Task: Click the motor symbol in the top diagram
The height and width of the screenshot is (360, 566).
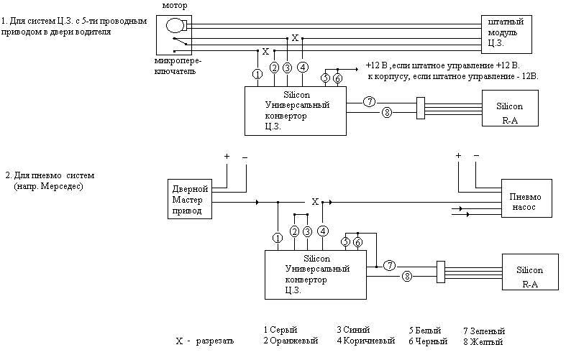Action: (175, 26)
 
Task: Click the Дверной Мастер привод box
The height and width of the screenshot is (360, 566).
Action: (189, 199)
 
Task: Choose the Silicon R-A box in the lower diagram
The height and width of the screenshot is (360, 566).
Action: (529, 276)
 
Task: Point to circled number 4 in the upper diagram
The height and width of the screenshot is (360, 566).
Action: (302, 68)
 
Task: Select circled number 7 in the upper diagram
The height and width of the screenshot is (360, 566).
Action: (369, 101)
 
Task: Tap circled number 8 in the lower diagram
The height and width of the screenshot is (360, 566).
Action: (406, 276)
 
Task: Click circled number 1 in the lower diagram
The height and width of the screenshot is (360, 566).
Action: (277, 238)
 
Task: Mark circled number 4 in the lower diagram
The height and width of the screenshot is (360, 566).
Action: (323, 231)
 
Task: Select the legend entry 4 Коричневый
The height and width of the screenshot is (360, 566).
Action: (365, 341)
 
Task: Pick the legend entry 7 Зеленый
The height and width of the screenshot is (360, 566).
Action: (483, 331)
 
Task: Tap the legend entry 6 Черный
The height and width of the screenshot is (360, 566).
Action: (428, 341)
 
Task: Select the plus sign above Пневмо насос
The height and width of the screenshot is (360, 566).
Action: (457, 156)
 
